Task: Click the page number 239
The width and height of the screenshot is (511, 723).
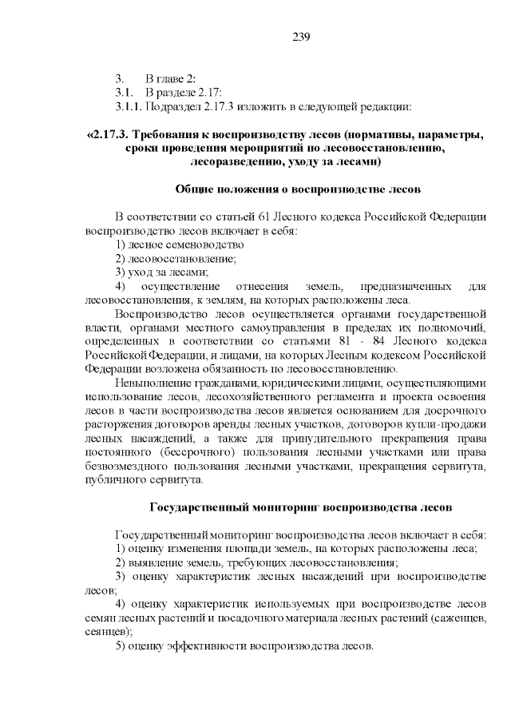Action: [x=301, y=38]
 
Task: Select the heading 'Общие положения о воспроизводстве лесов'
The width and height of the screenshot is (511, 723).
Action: [x=297, y=189]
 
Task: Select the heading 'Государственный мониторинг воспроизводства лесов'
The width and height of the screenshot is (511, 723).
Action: [x=302, y=507]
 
